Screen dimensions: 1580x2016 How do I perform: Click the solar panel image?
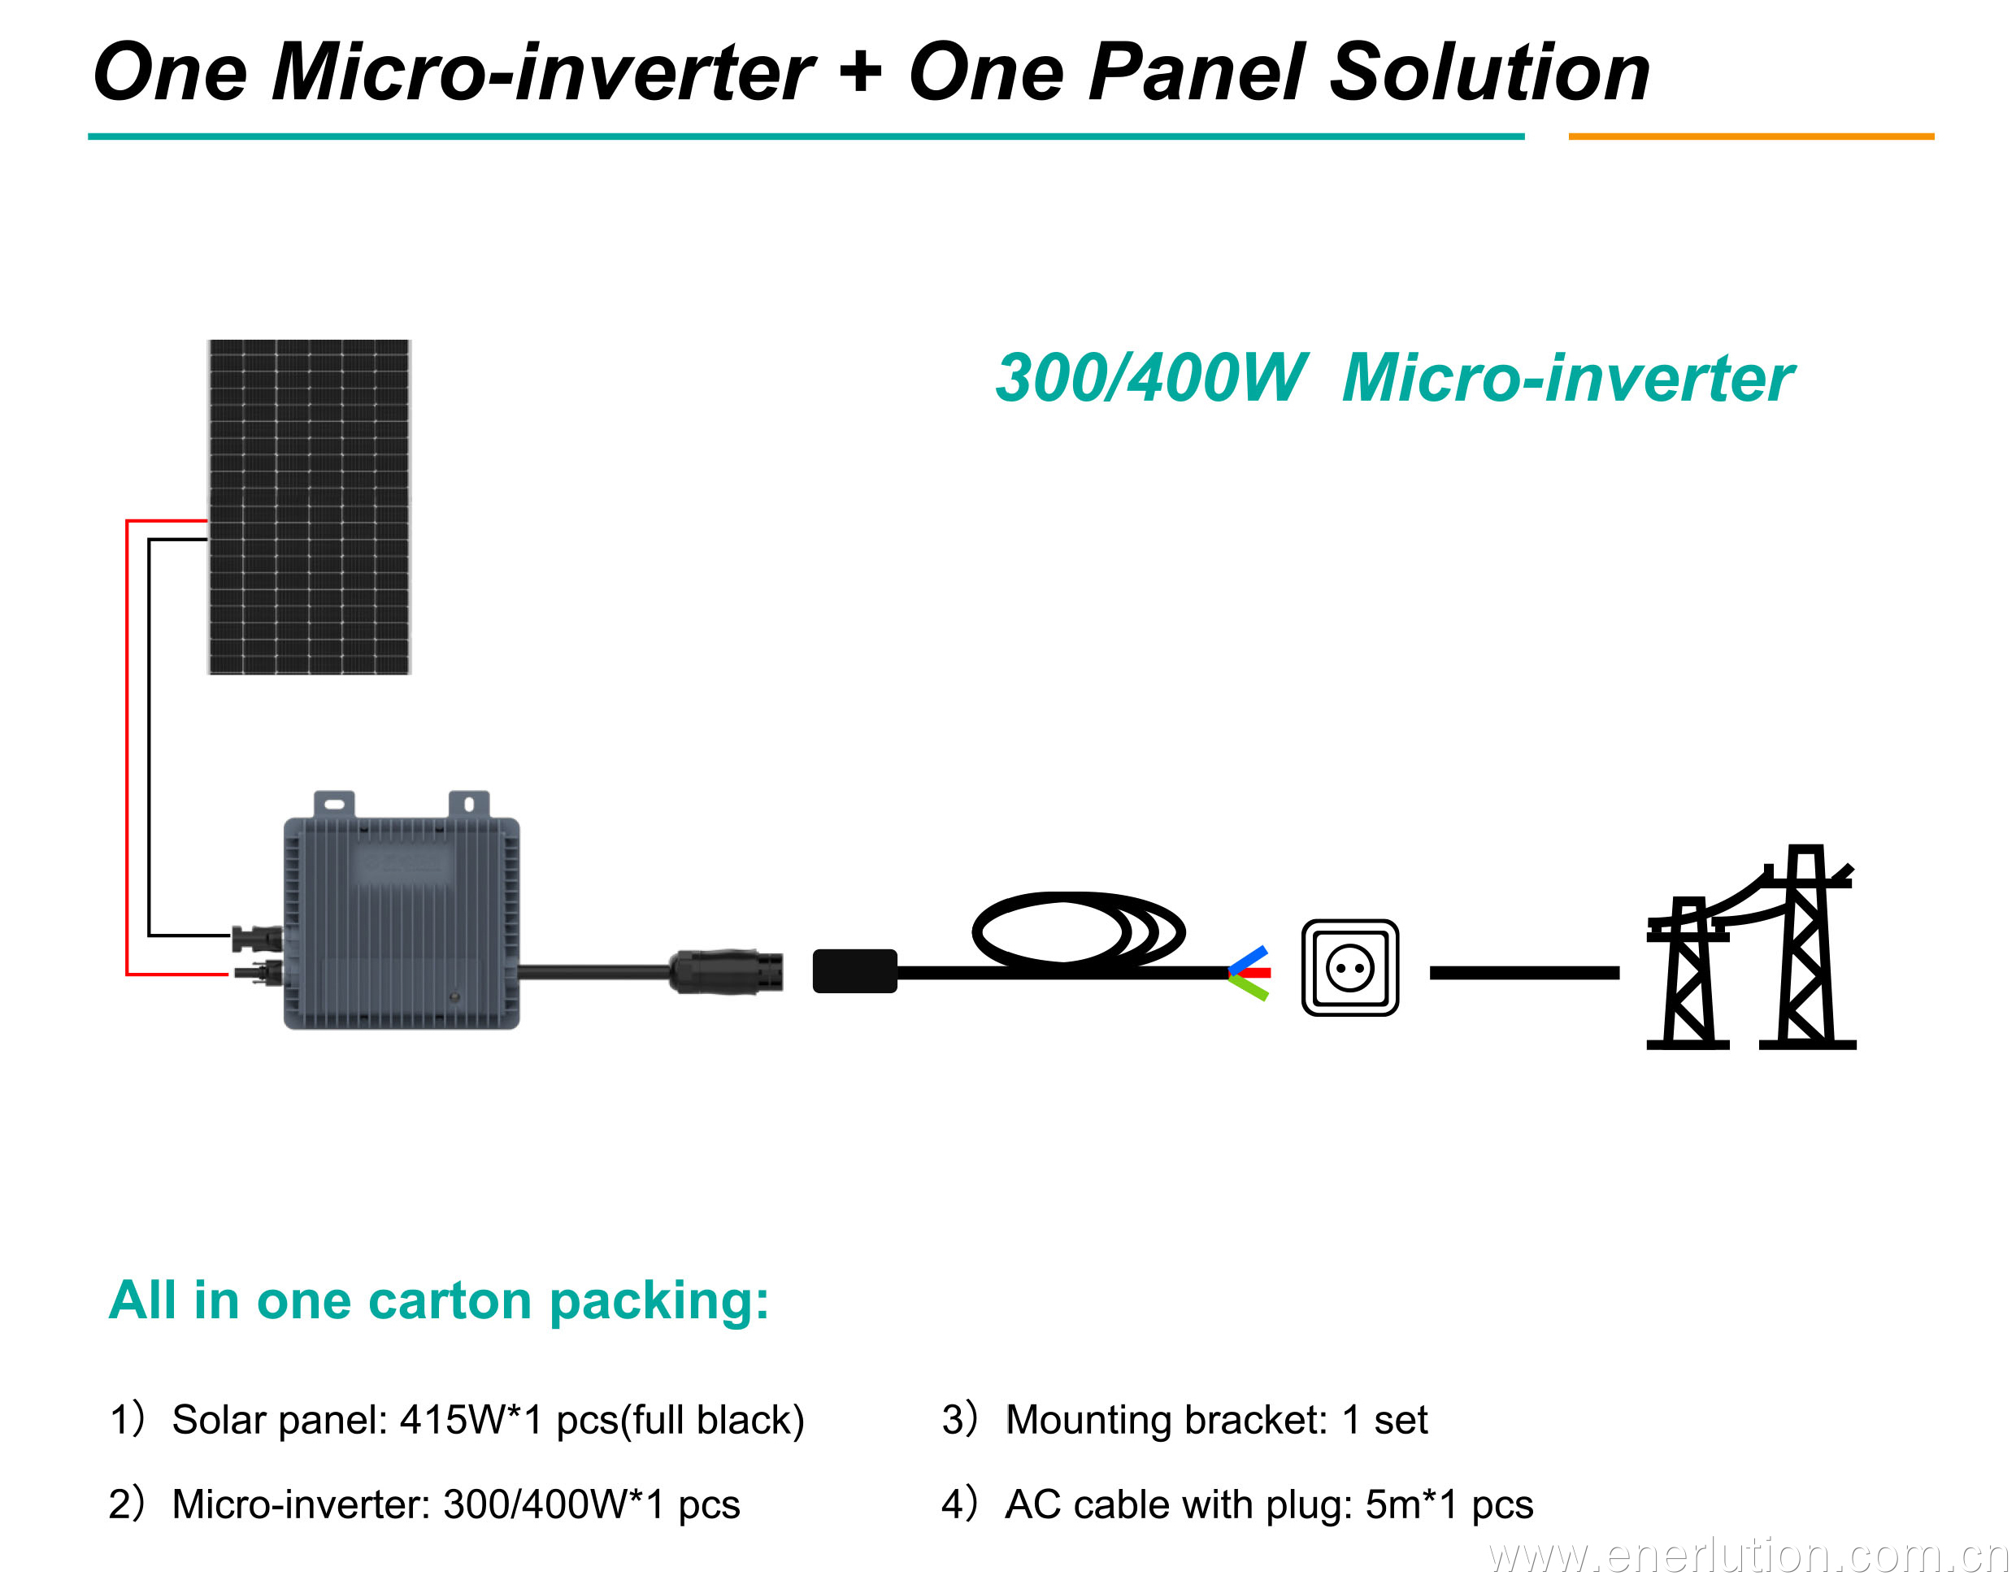pos(308,506)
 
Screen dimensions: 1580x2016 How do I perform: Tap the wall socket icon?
pos(1350,968)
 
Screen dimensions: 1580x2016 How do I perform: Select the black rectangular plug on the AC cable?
pos(854,970)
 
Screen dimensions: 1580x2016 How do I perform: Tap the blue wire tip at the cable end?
pos(1249,958)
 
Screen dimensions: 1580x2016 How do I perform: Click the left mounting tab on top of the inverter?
pos(334,803)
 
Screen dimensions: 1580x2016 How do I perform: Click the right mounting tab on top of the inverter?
pos(468,803)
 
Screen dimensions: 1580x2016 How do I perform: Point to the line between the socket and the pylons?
pos(1524,972)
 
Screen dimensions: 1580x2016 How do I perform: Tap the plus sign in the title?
pos(860,72)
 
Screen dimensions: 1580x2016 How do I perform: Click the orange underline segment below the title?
pos(1750,136)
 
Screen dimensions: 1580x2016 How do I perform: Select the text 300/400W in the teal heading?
pos(1150,379)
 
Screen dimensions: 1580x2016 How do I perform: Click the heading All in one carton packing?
pos(438,1300)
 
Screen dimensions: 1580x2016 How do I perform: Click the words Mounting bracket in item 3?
pos(1166,1419)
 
